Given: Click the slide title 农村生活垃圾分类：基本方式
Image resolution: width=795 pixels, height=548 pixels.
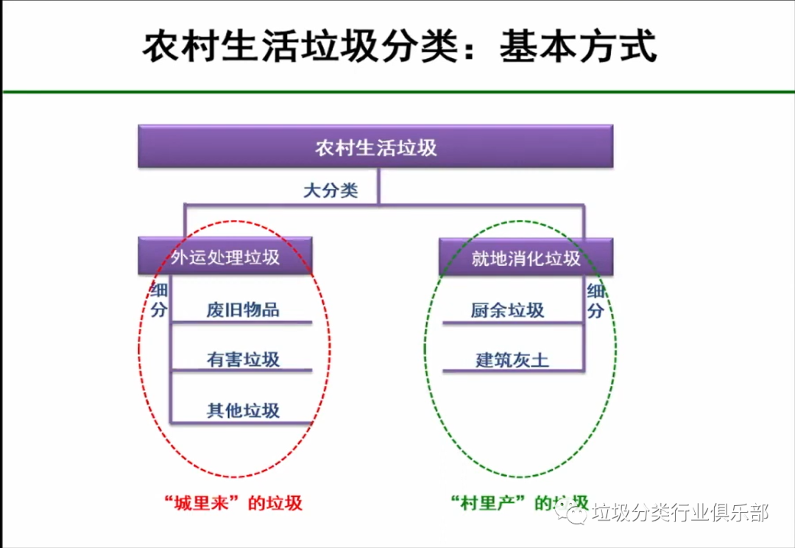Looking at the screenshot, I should pyautogui.click(x=398, y=47).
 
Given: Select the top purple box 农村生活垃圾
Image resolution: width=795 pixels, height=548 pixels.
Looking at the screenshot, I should pyautogui.click(x=375, y=147).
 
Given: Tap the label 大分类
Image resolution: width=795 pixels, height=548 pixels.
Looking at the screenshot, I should pyautogui.click(x=331, y=190).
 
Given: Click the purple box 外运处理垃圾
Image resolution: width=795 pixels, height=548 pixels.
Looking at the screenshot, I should pyautogui.click(x=225, y=257).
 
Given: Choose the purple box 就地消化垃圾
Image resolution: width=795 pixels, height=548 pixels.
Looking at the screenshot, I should pyautogui.click(x=526, y=258).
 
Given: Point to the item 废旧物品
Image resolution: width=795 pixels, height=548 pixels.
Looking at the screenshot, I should pyautogui.click(x=243, y=309).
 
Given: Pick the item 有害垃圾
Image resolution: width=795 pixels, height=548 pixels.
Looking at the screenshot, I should pyautogui.click(x=243, y=359).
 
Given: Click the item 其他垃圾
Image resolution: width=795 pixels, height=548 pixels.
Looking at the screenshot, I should pyautogui.click(x=243, y=410).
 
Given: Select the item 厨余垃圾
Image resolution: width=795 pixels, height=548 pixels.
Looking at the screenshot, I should pyautogui.click(x=507, y=310).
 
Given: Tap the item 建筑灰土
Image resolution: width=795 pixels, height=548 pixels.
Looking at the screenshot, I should pyautogui.click(x=512, y=360).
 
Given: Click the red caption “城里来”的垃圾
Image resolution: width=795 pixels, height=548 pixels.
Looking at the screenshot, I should pyautogui.click(x=234, y=503).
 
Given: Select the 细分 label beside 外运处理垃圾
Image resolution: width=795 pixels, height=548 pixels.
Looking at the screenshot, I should pyautogui.click(x=159, y=300).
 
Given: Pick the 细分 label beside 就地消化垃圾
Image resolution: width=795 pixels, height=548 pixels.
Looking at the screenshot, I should pyautogui.click(x=595, y=300).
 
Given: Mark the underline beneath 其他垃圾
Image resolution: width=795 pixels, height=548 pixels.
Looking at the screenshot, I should pyautogui.click(x=243, y=423).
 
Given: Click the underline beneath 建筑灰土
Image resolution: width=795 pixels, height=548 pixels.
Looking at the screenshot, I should pyautogui.click(x=513, y=371).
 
